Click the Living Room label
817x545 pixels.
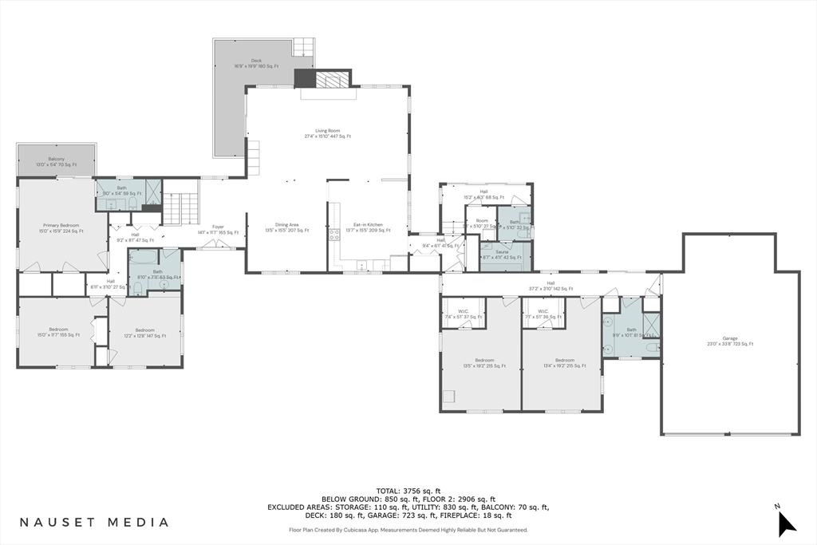click(x=327, y=133)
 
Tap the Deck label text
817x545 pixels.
click(x=256, y=63)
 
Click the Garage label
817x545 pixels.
click(x=729, y=341)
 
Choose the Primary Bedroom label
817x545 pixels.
click(x=61, y=228)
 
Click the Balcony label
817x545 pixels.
click(x=56, y=161)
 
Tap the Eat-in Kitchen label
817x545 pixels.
click(x=368, y=227)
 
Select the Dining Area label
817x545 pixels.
click(x=286, y=227)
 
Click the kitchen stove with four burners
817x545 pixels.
click(x=335, y=235)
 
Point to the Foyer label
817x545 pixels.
click(x=217, y=230)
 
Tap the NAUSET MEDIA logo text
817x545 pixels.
click(x=94, y=522)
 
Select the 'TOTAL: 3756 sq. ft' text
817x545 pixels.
click(x=408, y=490)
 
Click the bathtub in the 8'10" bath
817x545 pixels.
click(x=145, y=258)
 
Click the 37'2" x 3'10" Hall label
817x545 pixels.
click(x=551, y=286)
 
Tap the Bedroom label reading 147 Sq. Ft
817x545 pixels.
click(x=144, y=332)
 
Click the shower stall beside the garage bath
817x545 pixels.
click(x=650, y=323)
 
